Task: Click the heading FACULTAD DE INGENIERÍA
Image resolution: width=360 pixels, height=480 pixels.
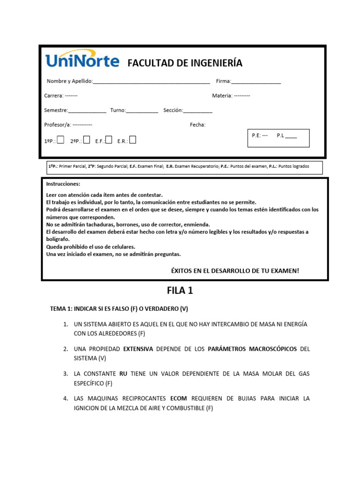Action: tap(185, 63)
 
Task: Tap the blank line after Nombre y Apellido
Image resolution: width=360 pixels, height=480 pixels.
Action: tap(151, 82)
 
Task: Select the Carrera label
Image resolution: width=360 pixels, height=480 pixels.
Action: tap(53, 96)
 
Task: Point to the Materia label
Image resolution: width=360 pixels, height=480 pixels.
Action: tap(222, 96)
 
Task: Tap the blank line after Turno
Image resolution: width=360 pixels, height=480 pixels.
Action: tap(142, 111)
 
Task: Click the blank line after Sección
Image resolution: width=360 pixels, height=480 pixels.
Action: tap(197, 111)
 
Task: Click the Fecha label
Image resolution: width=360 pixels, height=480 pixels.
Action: tap(197, 125)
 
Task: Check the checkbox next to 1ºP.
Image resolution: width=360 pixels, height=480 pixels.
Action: tap(60, 140)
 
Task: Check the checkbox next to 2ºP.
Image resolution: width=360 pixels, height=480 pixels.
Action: tap(87, 140)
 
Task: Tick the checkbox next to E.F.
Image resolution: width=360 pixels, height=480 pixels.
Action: tap(109, 140)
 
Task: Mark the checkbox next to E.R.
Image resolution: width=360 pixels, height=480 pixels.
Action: tap(133, 140)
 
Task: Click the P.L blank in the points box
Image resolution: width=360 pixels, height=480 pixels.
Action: tap(291, 136)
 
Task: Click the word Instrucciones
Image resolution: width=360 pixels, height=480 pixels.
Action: tap(63, 184)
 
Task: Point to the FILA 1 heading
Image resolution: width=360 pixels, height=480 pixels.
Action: tap(180, 291)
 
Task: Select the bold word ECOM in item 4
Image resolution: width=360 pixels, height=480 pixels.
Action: tap(179, 398)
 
